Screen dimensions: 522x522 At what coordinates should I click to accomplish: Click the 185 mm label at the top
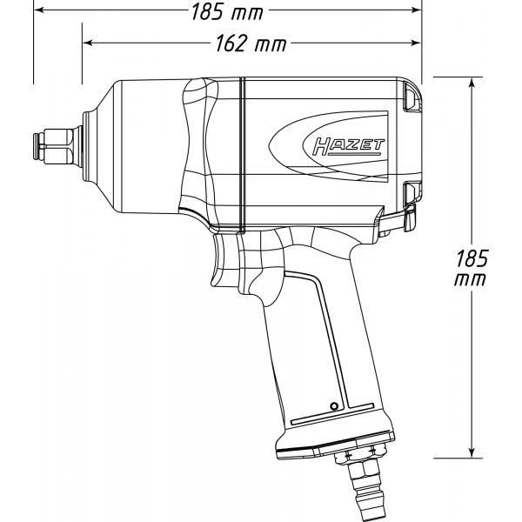(x=227, y=12)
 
